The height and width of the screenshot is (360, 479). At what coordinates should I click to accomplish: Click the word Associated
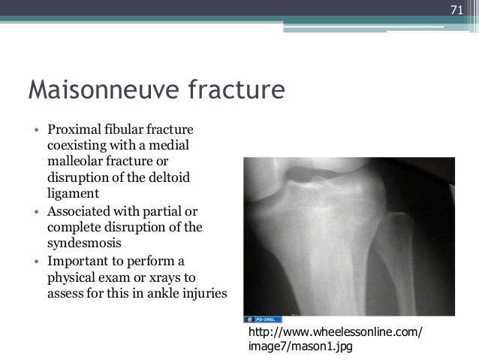(x=80, y=211)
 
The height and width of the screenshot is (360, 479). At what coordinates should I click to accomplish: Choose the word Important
(x=76, y=261)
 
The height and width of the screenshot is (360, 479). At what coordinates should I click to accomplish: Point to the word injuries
(x=198, y=292)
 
